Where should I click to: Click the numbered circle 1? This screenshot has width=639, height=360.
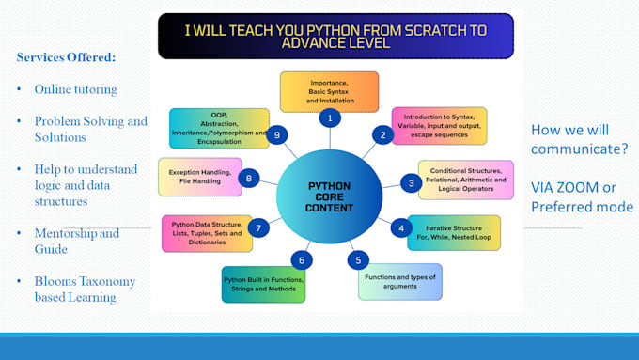(x=329, y=118)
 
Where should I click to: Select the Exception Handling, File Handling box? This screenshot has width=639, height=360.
(x=200, y=176)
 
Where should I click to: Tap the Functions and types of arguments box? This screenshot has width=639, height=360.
(x=399, y=280)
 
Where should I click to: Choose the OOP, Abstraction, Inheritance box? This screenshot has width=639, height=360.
(x=216, y=129)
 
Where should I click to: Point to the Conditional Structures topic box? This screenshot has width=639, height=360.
(x=466, y=179)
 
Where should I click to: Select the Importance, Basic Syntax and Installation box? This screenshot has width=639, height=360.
(x=329, y=91)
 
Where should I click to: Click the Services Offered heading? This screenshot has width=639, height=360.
(x=66, y=58)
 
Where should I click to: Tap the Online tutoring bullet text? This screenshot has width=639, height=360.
(x=76, y=89)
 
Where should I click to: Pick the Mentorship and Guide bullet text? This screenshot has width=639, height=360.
(x=77, y=241)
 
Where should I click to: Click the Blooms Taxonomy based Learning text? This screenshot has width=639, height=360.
(x=85, y=289)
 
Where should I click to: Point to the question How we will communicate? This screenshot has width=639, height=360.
(x=580, y=138)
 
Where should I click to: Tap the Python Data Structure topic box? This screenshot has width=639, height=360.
(x=207, y=232)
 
